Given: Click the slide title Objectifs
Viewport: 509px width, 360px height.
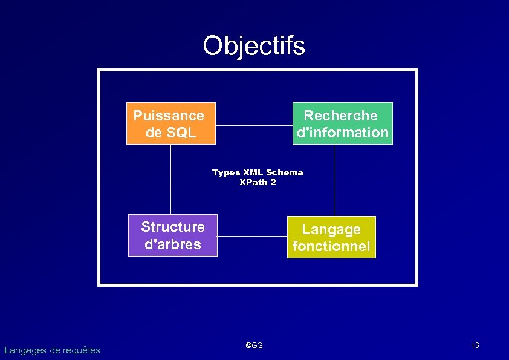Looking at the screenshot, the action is [x=254, y=46].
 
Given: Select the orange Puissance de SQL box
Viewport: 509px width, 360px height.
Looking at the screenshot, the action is [x=170, y=123].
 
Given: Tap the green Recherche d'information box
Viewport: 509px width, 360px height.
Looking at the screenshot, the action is [x=342, y=123].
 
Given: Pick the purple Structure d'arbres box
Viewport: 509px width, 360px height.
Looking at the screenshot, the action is [x=172, y=235].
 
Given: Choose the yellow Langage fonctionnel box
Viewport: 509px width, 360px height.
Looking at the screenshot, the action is [x=331, y=237].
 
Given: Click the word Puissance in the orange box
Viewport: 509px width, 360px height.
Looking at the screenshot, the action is [x=169, y=116].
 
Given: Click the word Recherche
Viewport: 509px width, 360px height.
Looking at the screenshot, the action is [x=340, y=116].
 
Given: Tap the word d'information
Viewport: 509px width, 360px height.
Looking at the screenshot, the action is [x=343, y=133].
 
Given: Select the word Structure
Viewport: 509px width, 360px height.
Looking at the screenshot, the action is [x=173, y=227].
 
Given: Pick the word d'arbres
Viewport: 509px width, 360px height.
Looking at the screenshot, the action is [x=172, y=244].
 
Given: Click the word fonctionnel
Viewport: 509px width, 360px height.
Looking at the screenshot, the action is [x=331, y=246].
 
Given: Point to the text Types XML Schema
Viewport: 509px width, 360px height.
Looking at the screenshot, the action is [x=258, y=173].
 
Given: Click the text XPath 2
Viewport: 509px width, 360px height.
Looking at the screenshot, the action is [x=258, y=182].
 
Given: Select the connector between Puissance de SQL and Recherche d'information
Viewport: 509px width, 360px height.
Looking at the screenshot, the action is [x=254, y=126].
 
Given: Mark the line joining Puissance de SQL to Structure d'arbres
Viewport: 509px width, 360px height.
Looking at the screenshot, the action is [x=170, y=179].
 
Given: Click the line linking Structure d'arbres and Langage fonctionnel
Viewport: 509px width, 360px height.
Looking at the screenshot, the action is [x=251, y=236].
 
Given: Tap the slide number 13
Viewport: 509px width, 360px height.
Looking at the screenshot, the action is [x=475, y=345].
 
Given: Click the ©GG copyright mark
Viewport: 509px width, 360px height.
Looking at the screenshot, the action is [x=254, y=345].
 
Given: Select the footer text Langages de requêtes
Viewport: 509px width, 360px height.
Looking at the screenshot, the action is [x=52, y=350].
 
